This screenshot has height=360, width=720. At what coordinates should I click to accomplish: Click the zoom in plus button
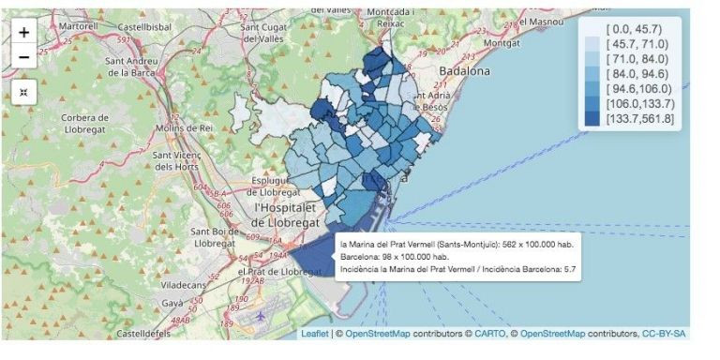click(x=24, y=32)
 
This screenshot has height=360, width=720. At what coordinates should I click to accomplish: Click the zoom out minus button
click(x=24, y=55)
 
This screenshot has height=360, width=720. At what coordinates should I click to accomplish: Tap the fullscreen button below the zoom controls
click(x=24, y=91)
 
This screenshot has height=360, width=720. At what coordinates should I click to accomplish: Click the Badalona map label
click(x=465, y=70)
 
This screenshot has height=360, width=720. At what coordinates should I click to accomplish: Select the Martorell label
click(x=79, y=26)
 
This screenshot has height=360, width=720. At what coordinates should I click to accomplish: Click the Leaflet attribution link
click(x=314, y=334)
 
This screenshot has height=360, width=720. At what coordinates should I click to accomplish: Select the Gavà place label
click(x=174, y=304)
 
